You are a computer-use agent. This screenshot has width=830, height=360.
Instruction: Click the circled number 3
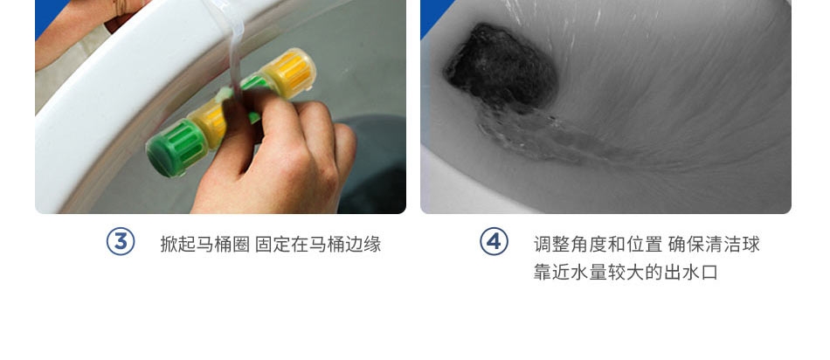pos(121,241)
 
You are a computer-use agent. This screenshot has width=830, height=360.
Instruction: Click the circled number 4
pos(494,241)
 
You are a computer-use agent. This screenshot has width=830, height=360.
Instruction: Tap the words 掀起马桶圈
pos(204,245)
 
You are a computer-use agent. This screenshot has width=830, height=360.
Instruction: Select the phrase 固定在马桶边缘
pos(318,245)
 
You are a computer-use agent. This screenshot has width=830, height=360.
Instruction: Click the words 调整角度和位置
pos(598,245)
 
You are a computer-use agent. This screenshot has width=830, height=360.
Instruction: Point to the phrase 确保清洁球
pos(714,245)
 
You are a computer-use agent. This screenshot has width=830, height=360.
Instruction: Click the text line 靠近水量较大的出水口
pos(626,273)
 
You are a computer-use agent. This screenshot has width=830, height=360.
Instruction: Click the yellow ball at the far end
pos(289,73)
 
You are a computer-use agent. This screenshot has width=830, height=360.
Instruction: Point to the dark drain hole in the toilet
pos(501,66)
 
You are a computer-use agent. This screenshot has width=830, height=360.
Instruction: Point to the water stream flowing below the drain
pos(545,138)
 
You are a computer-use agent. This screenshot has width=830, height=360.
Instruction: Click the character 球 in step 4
pos(751,245)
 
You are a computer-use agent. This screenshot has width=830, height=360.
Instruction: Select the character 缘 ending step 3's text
pos(372,245)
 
